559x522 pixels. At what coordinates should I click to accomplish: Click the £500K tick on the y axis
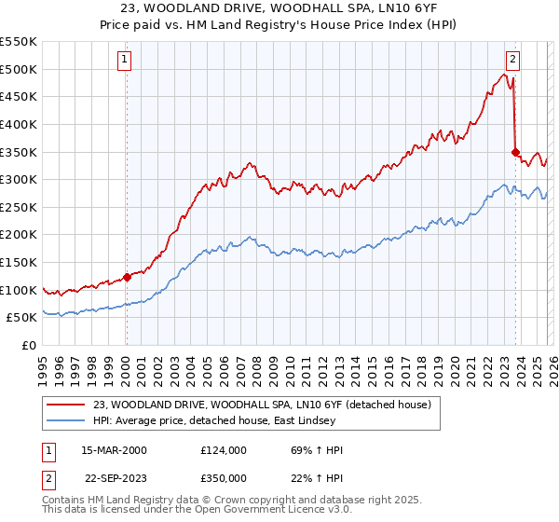coord(19,69)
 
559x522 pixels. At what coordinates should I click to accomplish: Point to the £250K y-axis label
coord(19,207)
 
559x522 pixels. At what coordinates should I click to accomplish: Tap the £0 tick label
coord(28,345)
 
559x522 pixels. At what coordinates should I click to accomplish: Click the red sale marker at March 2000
coord(128,277)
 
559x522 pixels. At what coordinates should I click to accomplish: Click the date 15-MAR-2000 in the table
coord(113,450)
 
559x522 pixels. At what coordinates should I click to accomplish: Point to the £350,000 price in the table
coord(224,475)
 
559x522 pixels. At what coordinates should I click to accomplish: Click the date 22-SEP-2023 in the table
coord(113,475)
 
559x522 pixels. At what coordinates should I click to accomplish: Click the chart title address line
coord(279,8)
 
